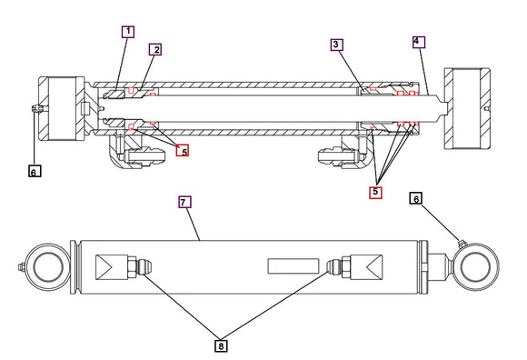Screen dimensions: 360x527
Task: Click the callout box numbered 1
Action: [128, 32]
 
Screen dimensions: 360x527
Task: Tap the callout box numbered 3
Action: [336, 45]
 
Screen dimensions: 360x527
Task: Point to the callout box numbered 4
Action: [417, 42]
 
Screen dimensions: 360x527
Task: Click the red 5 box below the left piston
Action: [184, 151]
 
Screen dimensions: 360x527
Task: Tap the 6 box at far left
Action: [34, 170]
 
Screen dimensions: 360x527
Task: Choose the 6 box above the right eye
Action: [416, 198]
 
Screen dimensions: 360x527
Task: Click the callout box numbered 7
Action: [184, 203]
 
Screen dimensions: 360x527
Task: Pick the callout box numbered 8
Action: [221, 345]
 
